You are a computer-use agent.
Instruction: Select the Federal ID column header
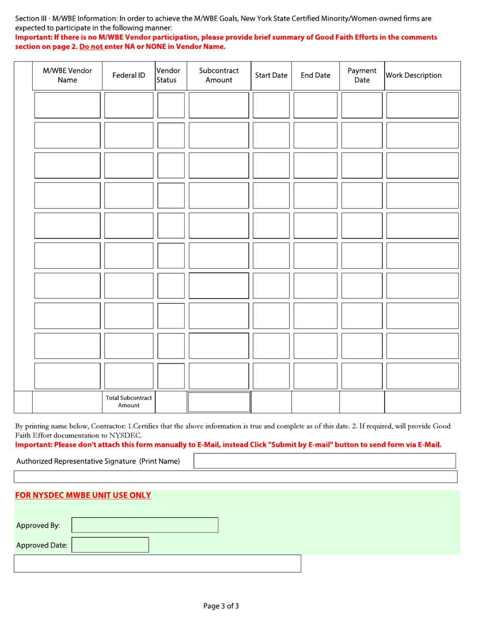tap(129, 76)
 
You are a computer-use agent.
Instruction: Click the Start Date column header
tap(271, 76)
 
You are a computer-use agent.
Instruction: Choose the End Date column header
tap(315, 76)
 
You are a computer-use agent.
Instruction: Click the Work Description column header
tap(413, 76)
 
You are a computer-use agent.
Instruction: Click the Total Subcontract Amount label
tap(129, 401)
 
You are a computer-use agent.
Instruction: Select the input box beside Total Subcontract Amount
tap(218, 402)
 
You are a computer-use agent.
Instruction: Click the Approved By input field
tap(146, 525)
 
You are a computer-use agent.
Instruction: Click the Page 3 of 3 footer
tap(221, 606)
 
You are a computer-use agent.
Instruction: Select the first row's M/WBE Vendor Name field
tap(67, 105)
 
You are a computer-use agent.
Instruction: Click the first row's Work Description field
tap(422, 105)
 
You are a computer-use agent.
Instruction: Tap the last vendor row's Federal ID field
tap(129, 376)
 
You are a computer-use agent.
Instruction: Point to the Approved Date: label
tap(43, 545)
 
